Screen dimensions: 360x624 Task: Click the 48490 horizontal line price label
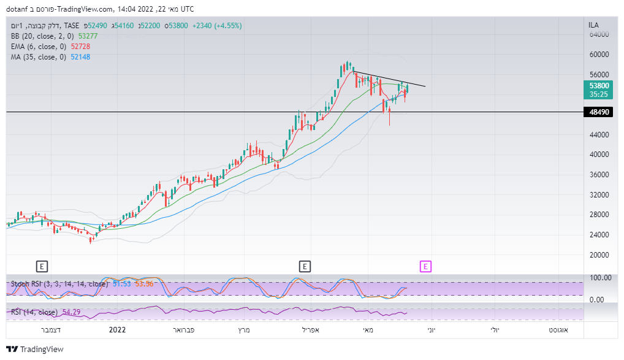pos(599,112)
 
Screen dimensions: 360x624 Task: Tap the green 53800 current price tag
pos(599,86)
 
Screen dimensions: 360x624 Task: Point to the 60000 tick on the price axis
pos(599,54)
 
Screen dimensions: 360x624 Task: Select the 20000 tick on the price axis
pos(599,255)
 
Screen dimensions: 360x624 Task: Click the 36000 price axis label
pos(599,175)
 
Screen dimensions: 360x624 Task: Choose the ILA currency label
pos(593,25)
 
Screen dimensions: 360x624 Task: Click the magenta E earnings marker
pos(425,266)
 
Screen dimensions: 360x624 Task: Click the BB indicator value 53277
pos(88,36)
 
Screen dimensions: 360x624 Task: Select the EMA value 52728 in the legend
pos(83,47)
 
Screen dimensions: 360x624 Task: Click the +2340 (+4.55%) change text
pos(217,26)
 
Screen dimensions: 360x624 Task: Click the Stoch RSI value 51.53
pos(123,284)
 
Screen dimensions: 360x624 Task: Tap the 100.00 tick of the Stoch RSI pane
pos(599,278)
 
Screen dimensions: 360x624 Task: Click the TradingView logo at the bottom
pos(35,349)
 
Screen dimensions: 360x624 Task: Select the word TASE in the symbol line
pos(72,26)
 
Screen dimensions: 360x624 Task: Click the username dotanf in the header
pos(19,9)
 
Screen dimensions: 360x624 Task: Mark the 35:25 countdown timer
pos(599,94)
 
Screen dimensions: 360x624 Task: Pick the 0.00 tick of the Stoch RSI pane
pos(597,299)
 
